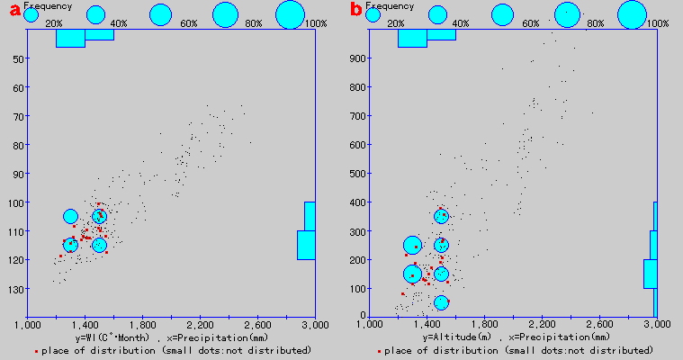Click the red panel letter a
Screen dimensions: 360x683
[14, 11]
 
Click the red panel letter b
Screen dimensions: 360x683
[355, 11]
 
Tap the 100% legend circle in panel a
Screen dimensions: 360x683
[291, 14]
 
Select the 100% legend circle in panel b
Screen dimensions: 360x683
[633, 14]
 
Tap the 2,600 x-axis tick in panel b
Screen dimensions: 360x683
[599, 324]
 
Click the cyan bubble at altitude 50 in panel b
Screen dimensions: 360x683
[441, 302]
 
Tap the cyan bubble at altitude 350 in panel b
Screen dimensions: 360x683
[441, 216]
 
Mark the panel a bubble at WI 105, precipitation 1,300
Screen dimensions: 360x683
[71, 216]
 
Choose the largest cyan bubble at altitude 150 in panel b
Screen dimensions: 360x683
[412, 274]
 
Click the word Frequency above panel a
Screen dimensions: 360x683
[42, 5]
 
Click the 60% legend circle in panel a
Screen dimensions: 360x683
[160, 14]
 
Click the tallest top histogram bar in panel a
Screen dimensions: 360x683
[70, 38]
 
